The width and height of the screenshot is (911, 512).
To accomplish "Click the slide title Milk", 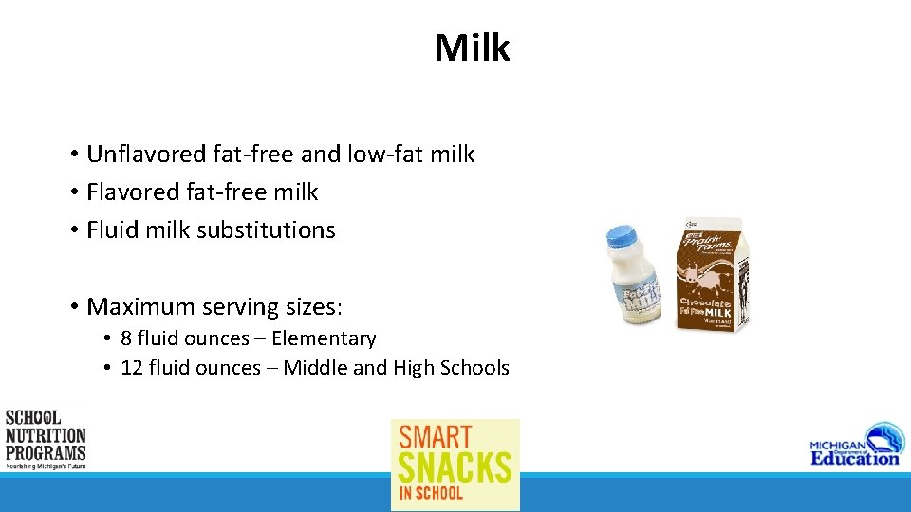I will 472,47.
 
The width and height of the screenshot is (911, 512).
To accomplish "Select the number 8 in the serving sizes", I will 126,338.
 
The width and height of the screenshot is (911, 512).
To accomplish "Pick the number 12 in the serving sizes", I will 132,368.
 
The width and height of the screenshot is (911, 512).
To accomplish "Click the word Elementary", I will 324,338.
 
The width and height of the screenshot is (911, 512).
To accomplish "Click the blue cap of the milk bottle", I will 623,235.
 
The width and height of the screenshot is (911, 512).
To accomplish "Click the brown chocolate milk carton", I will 711,275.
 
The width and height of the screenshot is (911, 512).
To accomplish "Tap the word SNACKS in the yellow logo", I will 455,467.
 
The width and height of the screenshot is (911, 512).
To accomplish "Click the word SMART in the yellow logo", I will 435,437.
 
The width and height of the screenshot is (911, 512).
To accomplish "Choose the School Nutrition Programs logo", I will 45,439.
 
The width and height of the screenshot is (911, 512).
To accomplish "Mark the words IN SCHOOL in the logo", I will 431,493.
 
